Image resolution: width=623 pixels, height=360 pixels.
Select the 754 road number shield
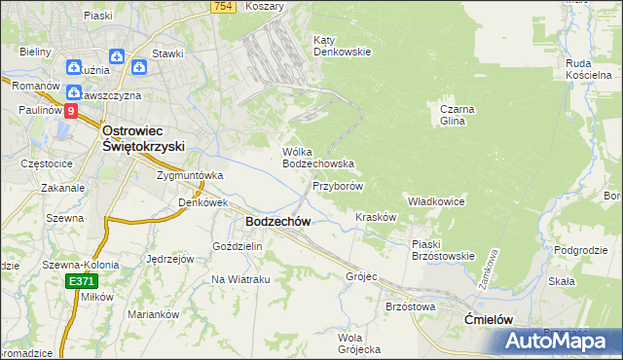[223, 7]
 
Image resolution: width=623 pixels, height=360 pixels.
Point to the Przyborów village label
[338, 185]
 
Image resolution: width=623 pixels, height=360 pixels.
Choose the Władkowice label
[436, 200]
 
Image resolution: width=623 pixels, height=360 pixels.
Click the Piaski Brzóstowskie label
[442, 250]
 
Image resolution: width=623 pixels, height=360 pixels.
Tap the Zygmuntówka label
[191, 175]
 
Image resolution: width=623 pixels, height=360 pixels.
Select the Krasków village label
[376, 217]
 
